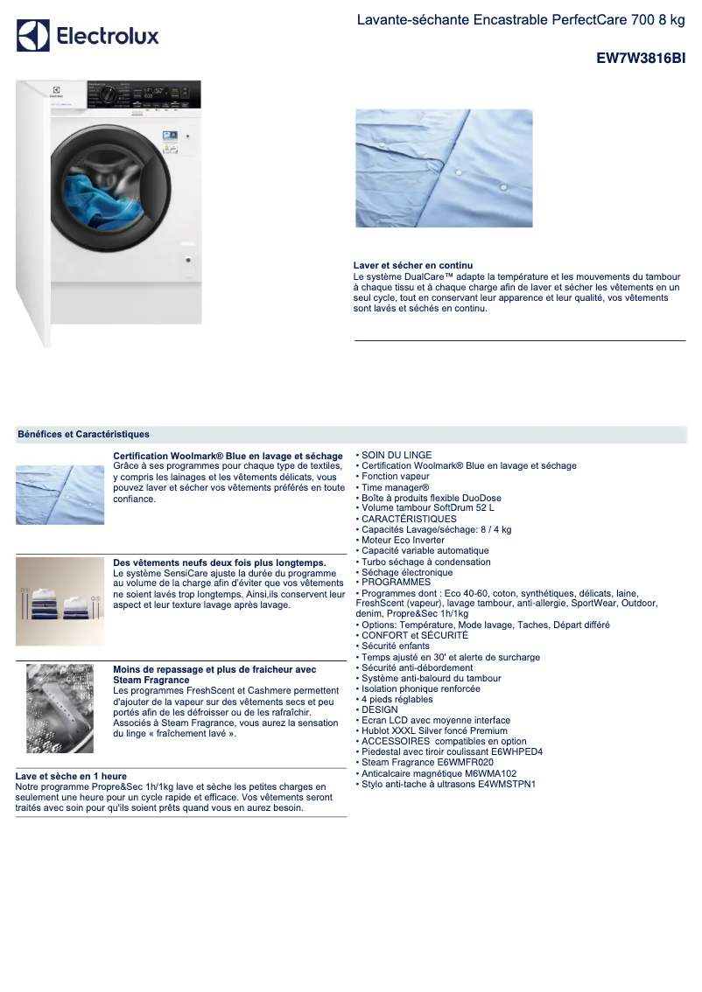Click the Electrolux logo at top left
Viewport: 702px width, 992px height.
point(88,36)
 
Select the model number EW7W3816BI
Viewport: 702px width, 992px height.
point(641,59)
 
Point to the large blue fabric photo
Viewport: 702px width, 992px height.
point(444,168)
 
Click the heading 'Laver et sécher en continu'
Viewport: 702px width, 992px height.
point(413,265)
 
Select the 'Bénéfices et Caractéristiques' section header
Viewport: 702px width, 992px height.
point(84,434)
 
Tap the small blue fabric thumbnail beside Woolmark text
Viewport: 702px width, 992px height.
point(60,495)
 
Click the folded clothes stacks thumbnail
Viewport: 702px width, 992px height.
point(60,601)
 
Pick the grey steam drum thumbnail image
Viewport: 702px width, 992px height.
point(60,708)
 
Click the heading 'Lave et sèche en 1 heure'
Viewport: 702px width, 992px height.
point(71,776)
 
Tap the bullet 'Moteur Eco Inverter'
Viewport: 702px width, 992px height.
point(403,541)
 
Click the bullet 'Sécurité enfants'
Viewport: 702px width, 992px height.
point(396,646)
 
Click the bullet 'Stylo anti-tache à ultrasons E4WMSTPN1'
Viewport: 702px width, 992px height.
point(448,784)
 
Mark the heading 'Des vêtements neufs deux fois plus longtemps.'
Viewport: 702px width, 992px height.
point(220,562)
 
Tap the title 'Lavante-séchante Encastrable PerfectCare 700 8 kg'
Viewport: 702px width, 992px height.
point(521,19)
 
